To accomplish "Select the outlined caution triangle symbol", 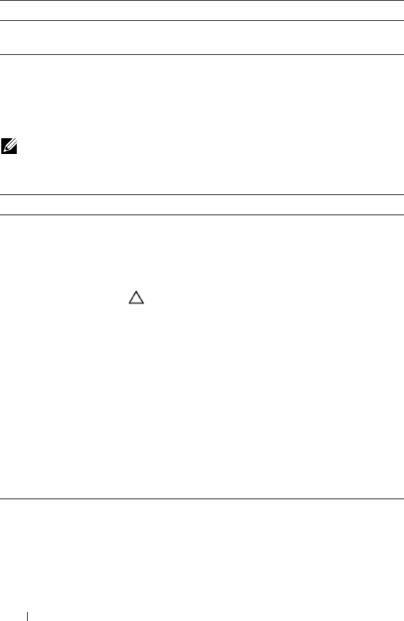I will coord(137,298).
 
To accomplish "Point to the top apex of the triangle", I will coord(137,291).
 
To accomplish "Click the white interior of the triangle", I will coord(137,300).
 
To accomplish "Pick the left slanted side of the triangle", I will coord(133,297).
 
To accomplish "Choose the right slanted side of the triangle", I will coord(141,297).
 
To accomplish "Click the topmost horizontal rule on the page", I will coord(202,1).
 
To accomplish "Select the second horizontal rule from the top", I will coord(202,20).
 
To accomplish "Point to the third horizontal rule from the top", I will coord(202,54).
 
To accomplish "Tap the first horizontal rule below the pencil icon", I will coord(202,194).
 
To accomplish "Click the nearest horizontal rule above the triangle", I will coord(202,215).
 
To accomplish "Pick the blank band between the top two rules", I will coord(202,11).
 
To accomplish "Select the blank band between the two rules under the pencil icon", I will coord(202,204).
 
